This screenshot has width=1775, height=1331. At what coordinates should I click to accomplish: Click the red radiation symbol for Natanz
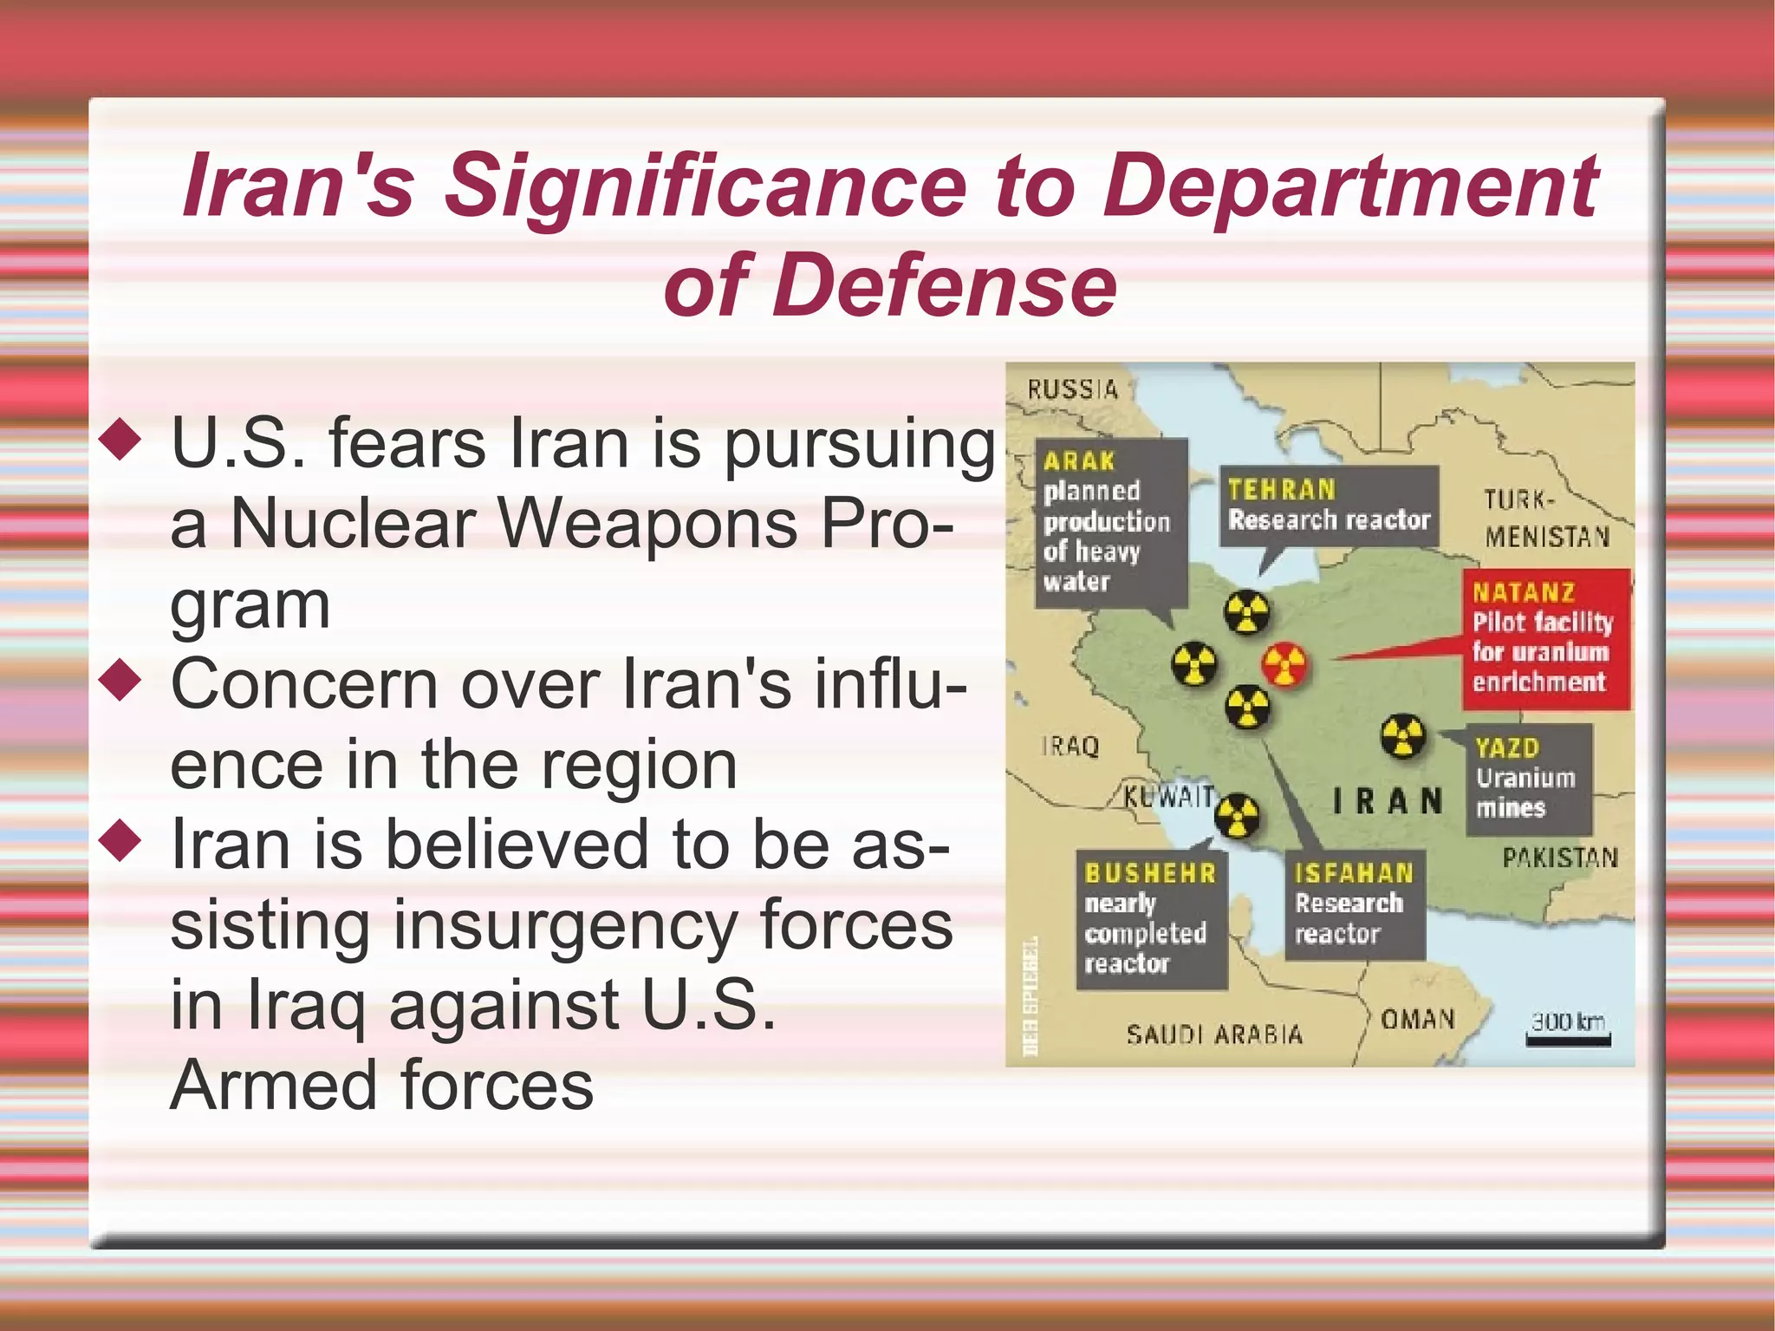pos(1284,665)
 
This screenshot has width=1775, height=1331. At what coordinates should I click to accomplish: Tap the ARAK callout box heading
pos(1078,461)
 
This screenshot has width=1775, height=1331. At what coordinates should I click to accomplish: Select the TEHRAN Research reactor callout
pos(1328,506)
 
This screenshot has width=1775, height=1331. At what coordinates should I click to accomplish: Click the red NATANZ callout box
pos(1546,639)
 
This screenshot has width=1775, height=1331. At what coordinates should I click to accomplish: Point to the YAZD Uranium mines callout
pos(1528,779)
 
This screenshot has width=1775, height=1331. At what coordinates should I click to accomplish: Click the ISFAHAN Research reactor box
pos(1354,904)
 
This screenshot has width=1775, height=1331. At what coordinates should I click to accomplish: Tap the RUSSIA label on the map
pos(1072,389)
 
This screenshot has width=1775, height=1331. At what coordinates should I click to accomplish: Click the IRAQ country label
pos(1070,746)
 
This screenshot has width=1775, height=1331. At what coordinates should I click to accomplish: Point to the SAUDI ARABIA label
pos(1213,1034)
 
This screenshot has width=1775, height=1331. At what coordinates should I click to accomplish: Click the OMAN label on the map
pos(1417,1019)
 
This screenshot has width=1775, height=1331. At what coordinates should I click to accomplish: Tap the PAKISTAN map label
pos(1559,858)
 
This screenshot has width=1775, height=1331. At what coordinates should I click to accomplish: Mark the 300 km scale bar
pos(1568,1040)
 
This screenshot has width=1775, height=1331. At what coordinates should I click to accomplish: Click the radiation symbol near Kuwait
pos(1236,816)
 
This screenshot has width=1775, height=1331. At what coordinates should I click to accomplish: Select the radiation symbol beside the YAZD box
pos(1401,737)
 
